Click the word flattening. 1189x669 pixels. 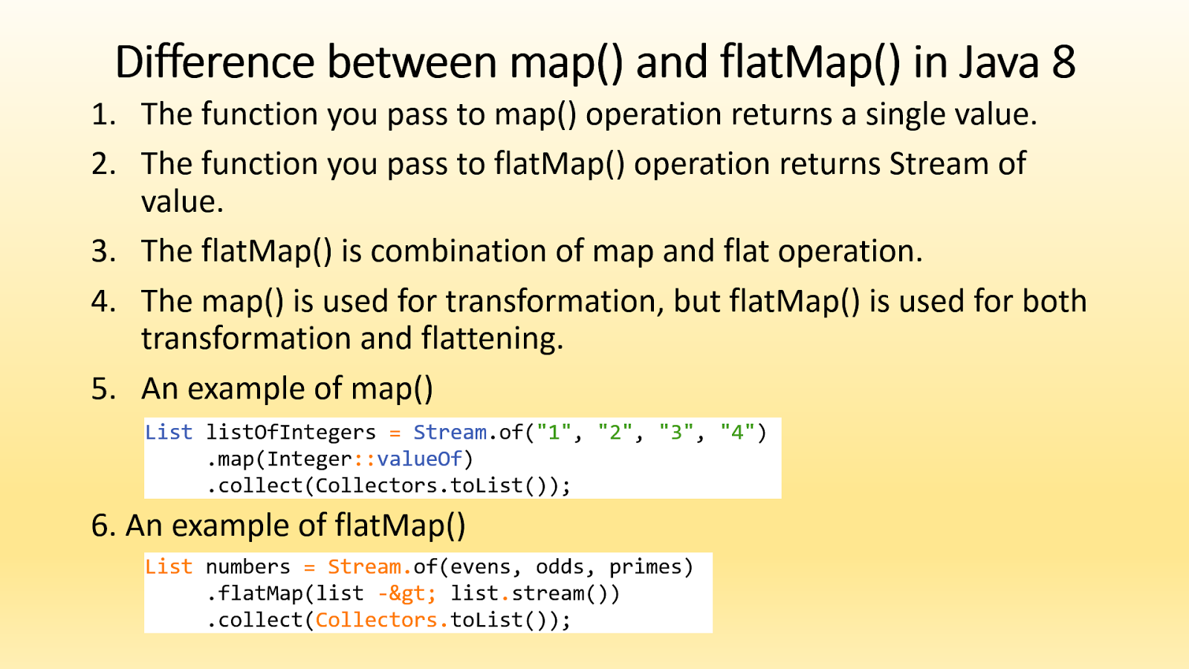point(492,338)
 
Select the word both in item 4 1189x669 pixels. point(1054,301)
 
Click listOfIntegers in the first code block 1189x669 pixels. point(291,432)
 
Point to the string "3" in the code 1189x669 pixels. point(676,432)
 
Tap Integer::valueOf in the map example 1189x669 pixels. point(365,459)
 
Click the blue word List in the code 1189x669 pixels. point(169,432)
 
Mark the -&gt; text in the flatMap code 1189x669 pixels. point(406,593)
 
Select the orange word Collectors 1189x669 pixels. point(377,620)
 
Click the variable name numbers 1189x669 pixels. point(247,566)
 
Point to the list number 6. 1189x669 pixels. point(103,526)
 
